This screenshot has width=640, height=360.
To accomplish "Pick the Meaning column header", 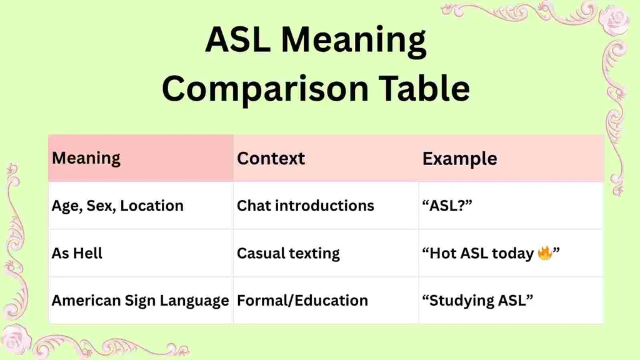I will point(86,158).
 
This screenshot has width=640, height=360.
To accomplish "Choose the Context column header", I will point(271,158).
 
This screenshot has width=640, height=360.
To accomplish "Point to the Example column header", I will point(459,159).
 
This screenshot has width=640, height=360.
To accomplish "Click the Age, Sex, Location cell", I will point(117,206).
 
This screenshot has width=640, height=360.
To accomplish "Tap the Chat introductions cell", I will point(305,206).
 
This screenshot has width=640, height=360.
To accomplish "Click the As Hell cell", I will point(77,253).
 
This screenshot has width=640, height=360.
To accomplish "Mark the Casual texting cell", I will point(288,253).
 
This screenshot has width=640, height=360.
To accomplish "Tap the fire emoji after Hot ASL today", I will point(544,253).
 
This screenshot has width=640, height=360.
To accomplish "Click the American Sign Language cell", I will point(140,301).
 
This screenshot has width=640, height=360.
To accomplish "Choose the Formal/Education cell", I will point(302,301).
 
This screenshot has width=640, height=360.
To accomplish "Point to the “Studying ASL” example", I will point(477,301).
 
